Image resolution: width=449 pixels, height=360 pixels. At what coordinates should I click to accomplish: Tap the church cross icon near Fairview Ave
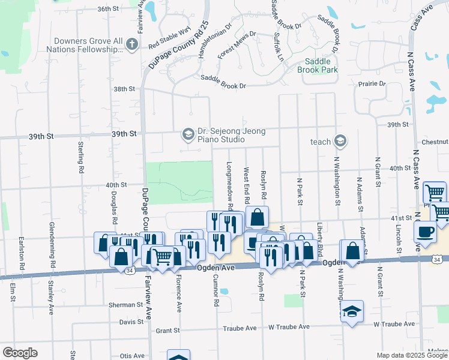point(133,44)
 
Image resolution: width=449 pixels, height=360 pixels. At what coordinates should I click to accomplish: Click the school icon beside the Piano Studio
point(188,134)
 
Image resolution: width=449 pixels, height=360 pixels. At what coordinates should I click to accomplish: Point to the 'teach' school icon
point(340,141)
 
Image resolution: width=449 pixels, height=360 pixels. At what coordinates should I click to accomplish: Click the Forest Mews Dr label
point(237,45)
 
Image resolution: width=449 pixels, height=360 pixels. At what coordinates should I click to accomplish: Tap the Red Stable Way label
point(169,38)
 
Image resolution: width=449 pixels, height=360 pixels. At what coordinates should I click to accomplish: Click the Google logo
point(20,353)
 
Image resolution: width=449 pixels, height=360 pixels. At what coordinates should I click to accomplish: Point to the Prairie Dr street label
point(372,83)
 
